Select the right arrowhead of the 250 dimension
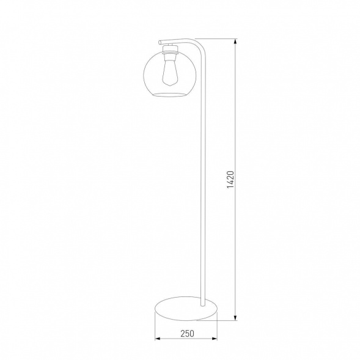[x=218, y=338]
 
